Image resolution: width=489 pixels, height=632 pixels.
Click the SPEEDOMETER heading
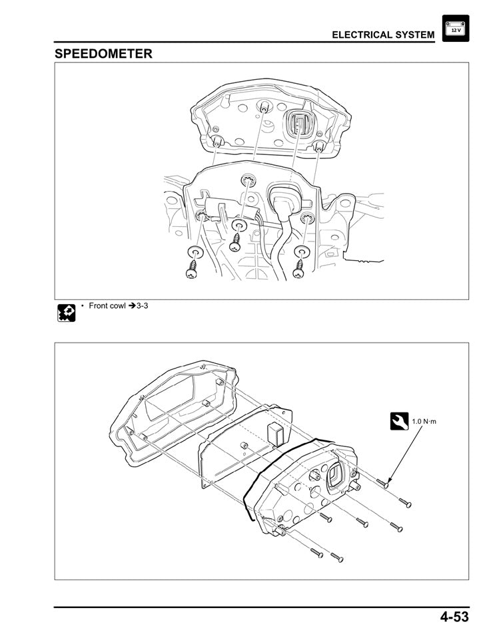103,53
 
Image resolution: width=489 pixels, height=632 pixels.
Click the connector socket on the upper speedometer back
297,126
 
